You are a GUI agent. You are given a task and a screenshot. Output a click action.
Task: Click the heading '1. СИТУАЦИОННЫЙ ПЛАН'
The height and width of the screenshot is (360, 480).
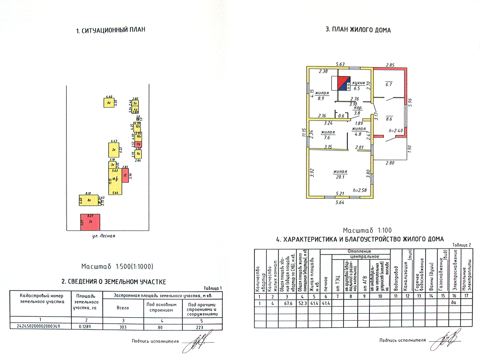111,30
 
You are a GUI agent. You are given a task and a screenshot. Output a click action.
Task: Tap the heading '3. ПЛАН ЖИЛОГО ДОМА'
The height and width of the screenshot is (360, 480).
358,30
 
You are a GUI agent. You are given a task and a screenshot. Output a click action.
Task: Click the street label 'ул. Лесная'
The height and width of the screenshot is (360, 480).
104,236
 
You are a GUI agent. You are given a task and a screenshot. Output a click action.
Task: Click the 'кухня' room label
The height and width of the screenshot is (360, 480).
359,82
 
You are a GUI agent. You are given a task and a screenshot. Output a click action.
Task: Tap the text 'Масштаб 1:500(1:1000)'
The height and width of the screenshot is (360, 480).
117,266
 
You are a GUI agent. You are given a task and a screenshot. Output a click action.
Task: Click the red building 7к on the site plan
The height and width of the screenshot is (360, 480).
90,222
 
